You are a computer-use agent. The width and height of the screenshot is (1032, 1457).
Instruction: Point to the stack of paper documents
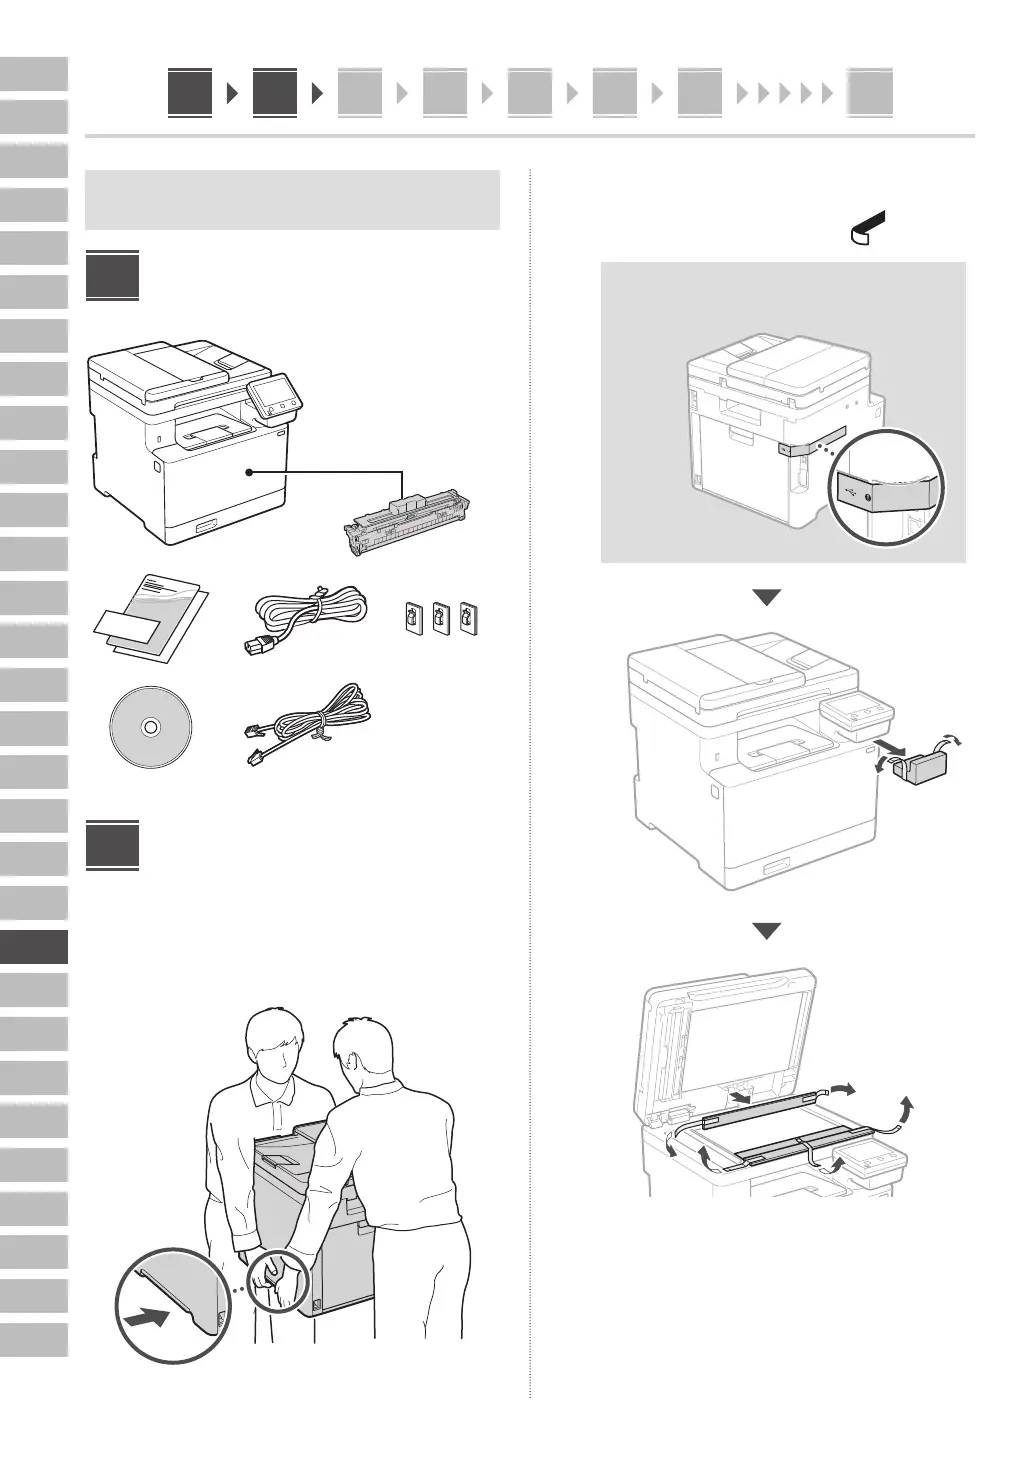tap(150, 617)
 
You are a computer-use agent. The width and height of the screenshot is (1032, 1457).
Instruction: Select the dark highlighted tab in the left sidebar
tap(34, 947)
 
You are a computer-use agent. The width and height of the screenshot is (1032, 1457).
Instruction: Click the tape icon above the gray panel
tap(869, 227)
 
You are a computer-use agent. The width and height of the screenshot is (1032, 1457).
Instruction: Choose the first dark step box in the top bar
tap(190, 93)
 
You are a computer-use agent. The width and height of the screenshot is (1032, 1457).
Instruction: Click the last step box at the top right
tap(870, 93)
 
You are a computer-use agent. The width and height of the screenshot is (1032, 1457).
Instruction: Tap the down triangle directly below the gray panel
tap(766, 598)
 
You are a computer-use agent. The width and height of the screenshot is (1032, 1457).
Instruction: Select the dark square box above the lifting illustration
tap(112, 846)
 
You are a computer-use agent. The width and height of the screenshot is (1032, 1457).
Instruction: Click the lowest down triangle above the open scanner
tap(766, 930)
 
